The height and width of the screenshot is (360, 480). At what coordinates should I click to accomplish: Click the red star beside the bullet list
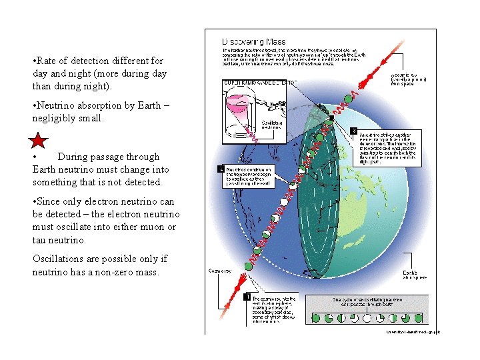coord(39,141)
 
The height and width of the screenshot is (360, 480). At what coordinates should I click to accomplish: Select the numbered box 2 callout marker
coord(221,169)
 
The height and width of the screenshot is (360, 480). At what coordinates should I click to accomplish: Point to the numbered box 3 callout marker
coord(353,129)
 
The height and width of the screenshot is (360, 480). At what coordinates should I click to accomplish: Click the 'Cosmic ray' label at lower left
coord(218,271)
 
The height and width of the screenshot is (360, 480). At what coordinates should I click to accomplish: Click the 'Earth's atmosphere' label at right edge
coord(409,274)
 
